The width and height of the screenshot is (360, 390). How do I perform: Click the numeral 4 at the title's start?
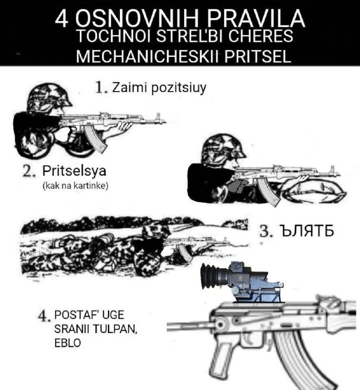click(61, 19)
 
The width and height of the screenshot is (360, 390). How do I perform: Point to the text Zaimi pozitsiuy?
click(159, 88)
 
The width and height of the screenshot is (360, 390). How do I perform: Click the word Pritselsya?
click(74, 172)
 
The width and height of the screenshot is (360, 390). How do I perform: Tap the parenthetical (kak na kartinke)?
click(76, 186)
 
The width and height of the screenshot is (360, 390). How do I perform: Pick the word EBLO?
click(68, 343)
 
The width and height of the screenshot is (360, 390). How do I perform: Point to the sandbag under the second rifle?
click(316, 191)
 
